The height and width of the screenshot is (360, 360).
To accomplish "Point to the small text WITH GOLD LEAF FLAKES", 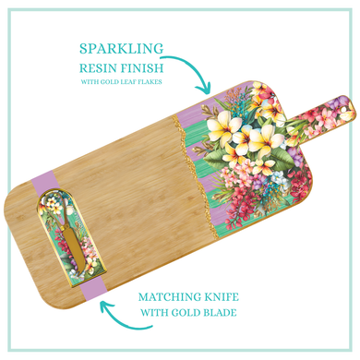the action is [x=122, y=84].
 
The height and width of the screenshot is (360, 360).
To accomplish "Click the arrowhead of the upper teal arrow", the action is [x=206, y=90].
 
